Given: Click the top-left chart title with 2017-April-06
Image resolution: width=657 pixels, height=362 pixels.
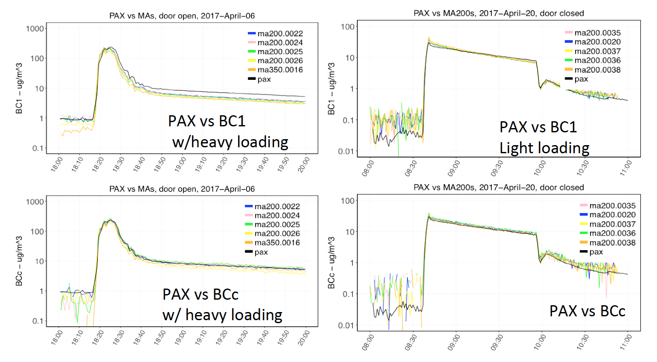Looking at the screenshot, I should tap(182, 16).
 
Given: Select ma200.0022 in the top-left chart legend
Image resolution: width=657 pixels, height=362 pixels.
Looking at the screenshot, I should tap(280, 34).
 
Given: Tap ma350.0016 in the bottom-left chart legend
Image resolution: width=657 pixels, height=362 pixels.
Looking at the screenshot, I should tap(277, 242).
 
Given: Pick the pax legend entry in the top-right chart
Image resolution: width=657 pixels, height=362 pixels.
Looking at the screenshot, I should tap(581, 79).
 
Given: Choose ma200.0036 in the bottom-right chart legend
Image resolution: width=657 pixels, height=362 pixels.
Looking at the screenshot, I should tap(612, 233).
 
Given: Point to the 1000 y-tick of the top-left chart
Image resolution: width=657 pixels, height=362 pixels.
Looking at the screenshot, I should tap(35, 29).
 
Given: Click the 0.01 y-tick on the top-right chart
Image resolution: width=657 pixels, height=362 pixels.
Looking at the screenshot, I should tap(346, 151).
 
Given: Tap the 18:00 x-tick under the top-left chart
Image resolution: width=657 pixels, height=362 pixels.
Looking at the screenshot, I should tap(57, 164).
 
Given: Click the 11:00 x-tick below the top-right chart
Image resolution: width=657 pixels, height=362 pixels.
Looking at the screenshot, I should tap(626, 168).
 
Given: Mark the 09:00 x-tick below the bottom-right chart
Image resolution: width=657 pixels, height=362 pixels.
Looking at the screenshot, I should tap(454, 342).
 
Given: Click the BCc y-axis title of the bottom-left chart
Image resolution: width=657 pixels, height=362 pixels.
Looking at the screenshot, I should tap(19, 261).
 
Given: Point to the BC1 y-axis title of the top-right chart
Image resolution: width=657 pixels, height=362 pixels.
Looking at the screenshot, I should tap(331, 89).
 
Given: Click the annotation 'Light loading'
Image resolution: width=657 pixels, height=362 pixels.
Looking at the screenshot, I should tap(544, 148).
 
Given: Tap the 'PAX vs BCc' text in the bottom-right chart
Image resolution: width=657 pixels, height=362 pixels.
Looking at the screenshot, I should tap(587, 311).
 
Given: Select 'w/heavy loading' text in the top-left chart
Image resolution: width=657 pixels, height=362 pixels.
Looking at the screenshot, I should tap(230, 142).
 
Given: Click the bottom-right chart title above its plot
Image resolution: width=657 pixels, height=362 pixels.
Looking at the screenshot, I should tap(498, 187).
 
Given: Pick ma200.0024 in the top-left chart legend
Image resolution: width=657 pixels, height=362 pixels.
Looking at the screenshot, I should tap(280, 43).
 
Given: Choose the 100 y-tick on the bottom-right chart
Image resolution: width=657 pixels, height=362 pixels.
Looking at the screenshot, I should tap(347, 201).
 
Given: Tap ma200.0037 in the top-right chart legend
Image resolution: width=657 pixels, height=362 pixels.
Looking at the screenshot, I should tap(597, 51).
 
